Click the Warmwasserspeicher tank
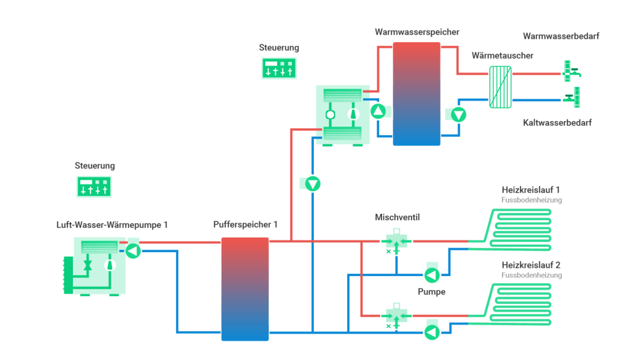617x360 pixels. pos(416,93)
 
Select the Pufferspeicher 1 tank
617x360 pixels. pos(244,289)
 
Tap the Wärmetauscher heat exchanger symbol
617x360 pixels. pos(500,87)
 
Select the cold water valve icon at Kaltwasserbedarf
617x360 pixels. pos(571,97)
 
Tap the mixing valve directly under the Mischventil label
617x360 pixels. pos(396,242)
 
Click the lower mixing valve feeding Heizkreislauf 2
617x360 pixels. pos(396,315)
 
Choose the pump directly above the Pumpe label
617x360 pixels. pos(431,276)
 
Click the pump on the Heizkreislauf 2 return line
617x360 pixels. pos(431,332)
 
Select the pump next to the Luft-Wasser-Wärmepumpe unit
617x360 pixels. pos(133,250)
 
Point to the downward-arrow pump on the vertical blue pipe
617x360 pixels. pos(312,183)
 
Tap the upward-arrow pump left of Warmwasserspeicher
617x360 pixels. pos(378,111)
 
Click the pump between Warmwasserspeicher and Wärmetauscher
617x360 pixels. pos(459,115)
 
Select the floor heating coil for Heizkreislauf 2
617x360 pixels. pos(518,305)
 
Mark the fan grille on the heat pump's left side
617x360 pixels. pos(68,275)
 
